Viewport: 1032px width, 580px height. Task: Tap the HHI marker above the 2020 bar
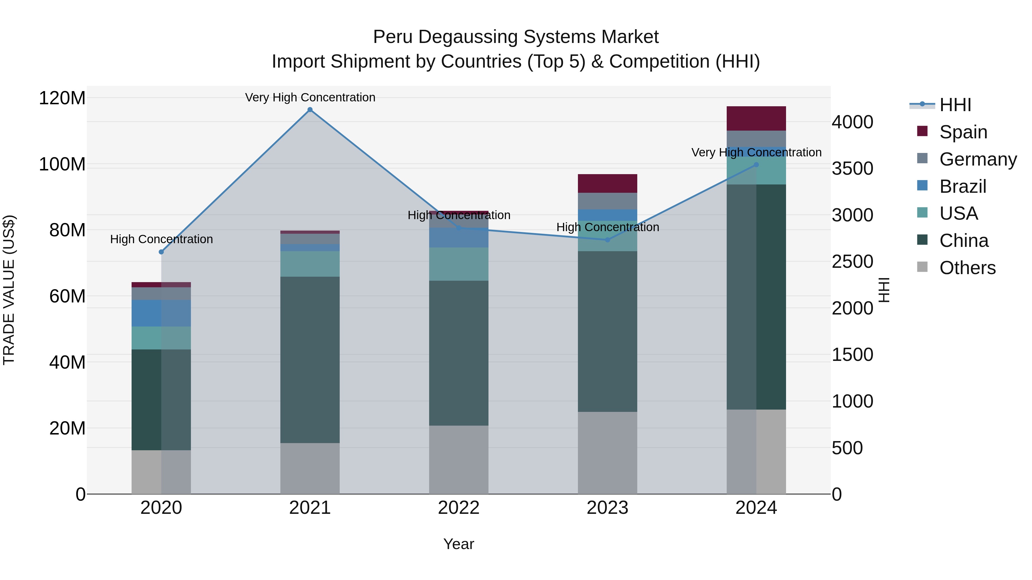point(161,252)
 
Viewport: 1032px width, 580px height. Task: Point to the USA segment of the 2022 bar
point(458,264)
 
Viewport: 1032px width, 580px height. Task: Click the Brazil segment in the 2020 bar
point(161,313)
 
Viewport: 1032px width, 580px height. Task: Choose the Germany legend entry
point(978,159)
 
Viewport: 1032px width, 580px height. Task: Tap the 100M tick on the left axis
point(62,164)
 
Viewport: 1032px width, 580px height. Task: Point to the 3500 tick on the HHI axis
point(852,168)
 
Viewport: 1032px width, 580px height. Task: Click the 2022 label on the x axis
point(458,508)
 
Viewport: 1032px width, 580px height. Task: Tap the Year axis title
point(458,544)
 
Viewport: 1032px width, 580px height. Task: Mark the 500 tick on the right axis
point(847,448)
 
